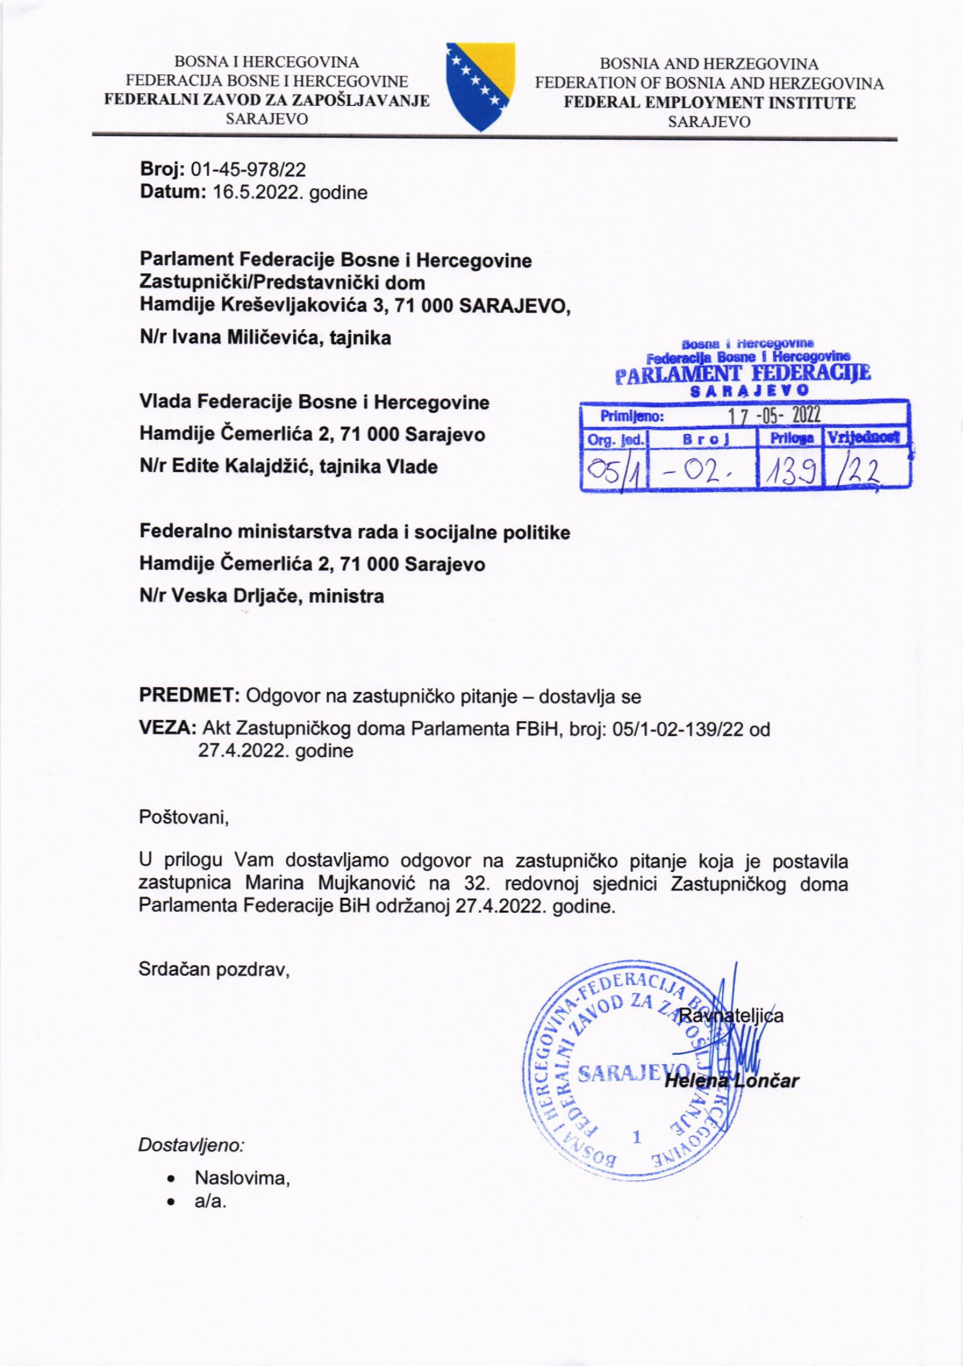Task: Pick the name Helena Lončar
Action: pyautogui.click(x=731, y=1080)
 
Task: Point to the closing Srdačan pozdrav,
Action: pyautogui.click(x=214, y=970)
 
